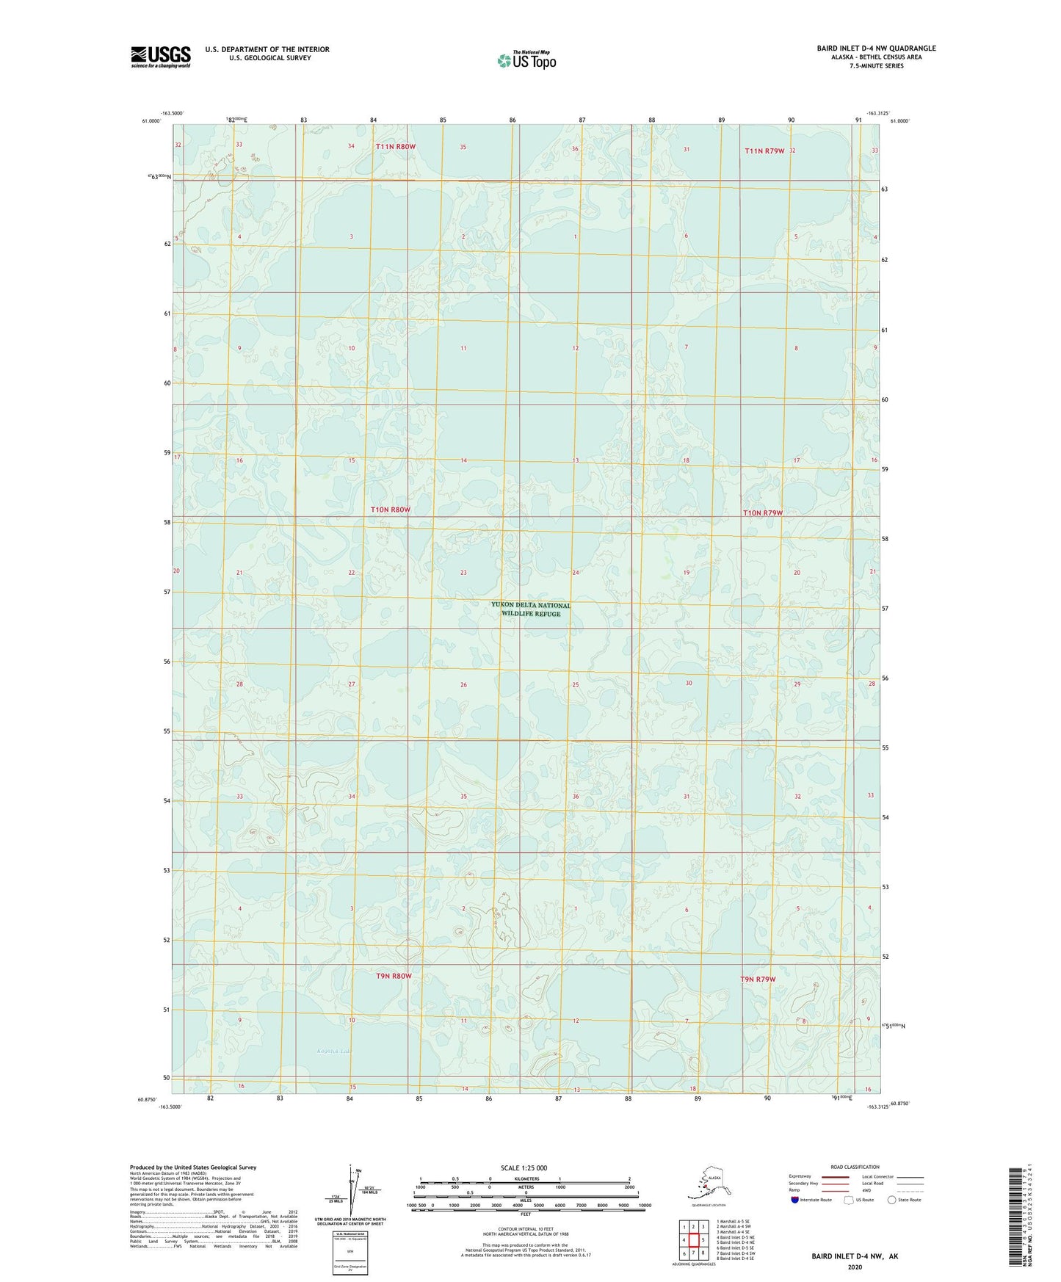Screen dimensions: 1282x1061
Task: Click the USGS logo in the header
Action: (160, 57)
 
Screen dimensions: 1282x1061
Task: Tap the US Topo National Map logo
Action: (526, 60)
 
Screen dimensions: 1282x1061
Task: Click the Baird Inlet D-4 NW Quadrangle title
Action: (876, 48)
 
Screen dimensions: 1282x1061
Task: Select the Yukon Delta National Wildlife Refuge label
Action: (531, 609)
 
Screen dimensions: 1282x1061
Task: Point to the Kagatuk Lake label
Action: (334, 1051)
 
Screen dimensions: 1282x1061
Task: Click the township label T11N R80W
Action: (395, 147)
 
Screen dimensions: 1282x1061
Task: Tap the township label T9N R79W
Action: (758, 979)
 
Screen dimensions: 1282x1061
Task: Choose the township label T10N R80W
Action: (390, 510)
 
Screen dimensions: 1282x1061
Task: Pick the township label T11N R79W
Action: (764, 151)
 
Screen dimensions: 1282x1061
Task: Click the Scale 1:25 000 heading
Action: (524, 1167)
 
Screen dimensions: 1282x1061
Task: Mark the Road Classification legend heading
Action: (855, 1167)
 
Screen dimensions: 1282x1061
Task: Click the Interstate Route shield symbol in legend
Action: (794, 1200)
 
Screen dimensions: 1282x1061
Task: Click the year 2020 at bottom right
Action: (854, 1267)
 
